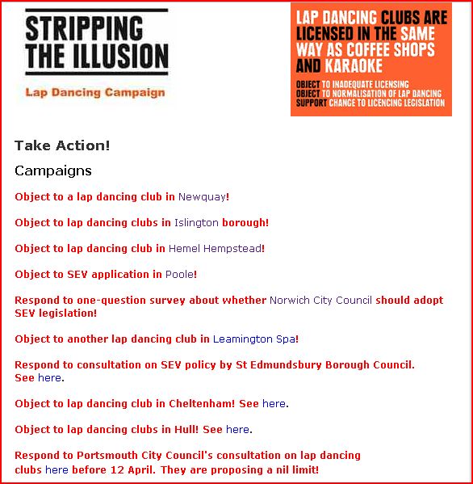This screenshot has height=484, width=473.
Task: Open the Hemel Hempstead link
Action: pyautogui.click(x=215, y=248)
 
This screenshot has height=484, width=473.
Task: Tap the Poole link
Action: pyautogui.click(x=179, y=274)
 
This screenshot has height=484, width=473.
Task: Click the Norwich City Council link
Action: pyautogui.click(x=320, y=300)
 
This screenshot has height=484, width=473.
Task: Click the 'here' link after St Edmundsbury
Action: pyautogui.click(x=49, y=377)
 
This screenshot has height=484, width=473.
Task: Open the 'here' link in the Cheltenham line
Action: pyautogui.click(x=274, y=403)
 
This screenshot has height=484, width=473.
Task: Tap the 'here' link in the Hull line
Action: pyautogui.click(x=237, y=429)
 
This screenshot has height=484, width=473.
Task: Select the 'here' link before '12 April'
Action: pyautogui.click(x=57, y=469)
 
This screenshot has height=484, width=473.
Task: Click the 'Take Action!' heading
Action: pyautogui.click(x=62, y=145)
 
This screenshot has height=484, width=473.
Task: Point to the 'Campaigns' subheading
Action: pyautogui.click(x=53, y=170)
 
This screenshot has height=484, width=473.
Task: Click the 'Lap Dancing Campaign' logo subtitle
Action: pyautogui.click(x=95, y=92)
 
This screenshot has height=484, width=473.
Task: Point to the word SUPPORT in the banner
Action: pyautogui.click(x=311, y=103)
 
